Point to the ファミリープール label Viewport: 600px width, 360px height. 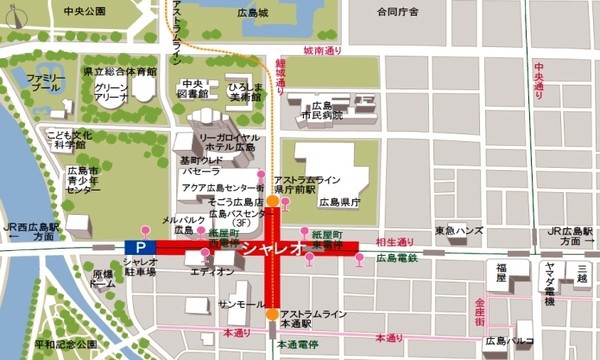point(46,82)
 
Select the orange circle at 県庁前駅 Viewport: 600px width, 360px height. point(272,201)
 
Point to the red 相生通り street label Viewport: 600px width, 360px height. point(393,242)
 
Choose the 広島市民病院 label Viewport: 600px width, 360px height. point(322,110)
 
